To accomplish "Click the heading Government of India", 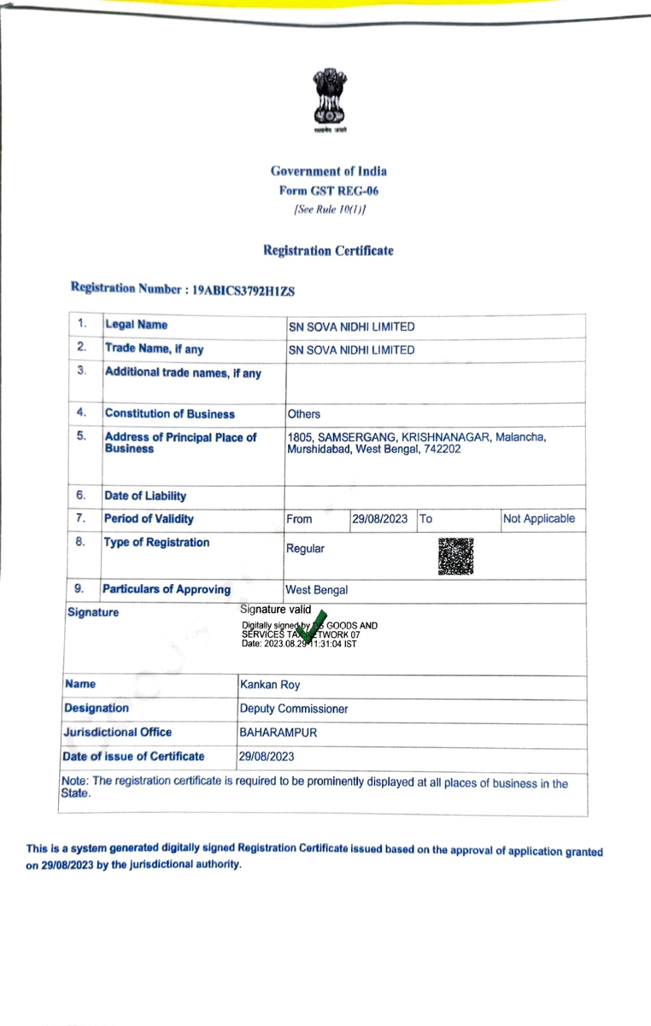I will (x=328, y=172).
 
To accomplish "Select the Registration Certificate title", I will (x=328, y=251).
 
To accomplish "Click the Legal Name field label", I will (x=136, y=325).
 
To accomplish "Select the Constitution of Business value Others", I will (x=304, y=414).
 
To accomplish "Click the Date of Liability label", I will (x=145, y=496).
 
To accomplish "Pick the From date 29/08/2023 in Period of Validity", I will (x=380, y=519).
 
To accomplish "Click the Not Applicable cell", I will (x=539, y=519).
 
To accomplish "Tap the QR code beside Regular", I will (x=455, y=557).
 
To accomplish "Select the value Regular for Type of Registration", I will (x=306, y=549).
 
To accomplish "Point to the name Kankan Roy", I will (x=270, y=685).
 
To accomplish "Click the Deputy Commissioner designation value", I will (x=294, y=709).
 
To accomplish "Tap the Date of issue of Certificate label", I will (x=135, y=756).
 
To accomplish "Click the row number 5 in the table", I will (x=81, y=436).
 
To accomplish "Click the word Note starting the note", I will (x=73, y=783).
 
